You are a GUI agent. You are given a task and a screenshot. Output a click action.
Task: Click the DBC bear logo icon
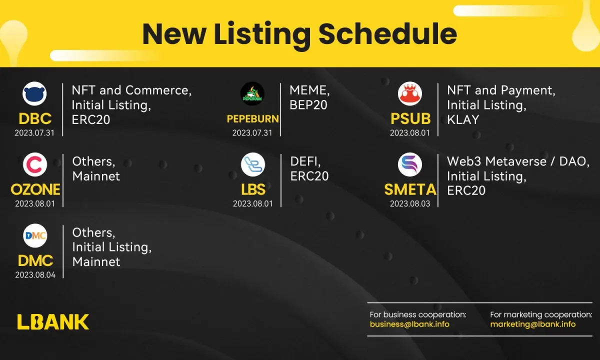click(34, 93)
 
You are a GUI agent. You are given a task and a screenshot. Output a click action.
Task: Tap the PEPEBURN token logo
click(252, 93)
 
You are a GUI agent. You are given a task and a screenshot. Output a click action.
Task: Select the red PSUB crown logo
click(410, 93)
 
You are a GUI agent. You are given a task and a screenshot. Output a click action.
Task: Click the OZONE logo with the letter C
click(35, 164)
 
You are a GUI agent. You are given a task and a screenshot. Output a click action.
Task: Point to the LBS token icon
click(253, 164)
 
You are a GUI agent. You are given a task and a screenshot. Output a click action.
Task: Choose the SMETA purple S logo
click(410, 164)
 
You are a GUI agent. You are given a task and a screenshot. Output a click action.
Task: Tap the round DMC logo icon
click(35, 235)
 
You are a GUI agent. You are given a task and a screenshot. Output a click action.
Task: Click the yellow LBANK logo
click(53, 321)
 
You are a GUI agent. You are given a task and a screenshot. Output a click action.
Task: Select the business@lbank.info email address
click(409, 324)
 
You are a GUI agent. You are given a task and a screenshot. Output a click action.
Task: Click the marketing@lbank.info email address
click(533, 324)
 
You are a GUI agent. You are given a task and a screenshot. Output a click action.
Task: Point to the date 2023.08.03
click(410, 204)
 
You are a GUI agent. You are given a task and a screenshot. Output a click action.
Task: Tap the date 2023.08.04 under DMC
click(35, 275)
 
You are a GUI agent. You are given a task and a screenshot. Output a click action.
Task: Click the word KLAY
click(463, 119)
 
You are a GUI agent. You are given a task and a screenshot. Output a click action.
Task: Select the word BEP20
click(308, 104)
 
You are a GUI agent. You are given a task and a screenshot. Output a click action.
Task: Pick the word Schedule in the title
click(388, 34)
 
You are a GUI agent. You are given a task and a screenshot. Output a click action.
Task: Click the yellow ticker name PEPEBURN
click(253, 118)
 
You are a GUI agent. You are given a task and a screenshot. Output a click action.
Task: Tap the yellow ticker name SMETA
click(410, 189)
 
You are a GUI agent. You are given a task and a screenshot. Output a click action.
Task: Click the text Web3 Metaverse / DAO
click(518, 161)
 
